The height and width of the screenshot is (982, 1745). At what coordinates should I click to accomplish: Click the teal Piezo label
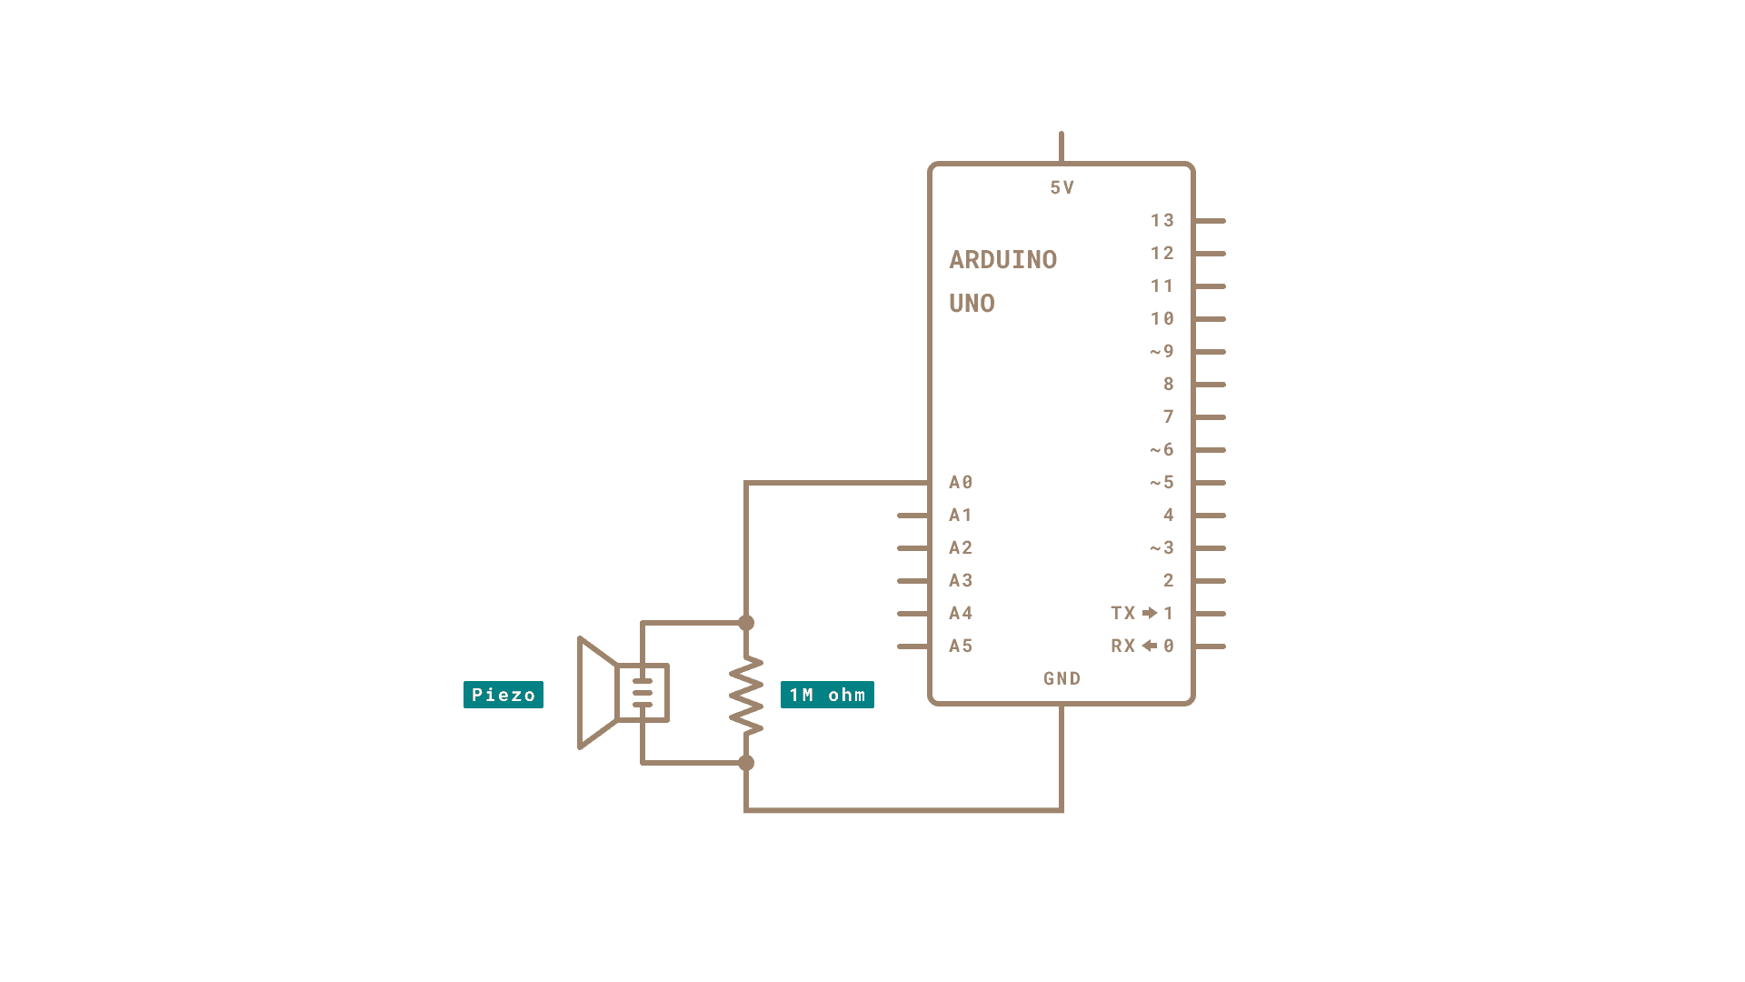click(x=503, y=695)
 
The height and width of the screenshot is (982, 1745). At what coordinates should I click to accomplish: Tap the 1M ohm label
click(x=827, y=695)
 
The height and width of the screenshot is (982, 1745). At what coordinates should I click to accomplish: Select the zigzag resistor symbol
click(x=746, y=696)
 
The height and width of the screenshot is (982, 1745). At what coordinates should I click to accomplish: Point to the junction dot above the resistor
click(x=746, y=623)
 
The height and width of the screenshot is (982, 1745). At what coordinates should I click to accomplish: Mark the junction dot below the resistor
click(x=746, y=763)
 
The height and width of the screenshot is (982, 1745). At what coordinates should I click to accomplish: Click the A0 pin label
click(x=961, y=482)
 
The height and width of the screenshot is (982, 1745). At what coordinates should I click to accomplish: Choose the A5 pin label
click(x=961, y=646)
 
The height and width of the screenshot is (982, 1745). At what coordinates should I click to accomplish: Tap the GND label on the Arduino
click(x=1062, y=678)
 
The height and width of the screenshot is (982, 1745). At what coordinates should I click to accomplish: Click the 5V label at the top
click(x=1062, y=187)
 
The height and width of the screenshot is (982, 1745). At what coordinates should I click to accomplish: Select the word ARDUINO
click(x=1002, y=260)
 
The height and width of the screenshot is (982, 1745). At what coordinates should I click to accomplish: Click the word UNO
click(x=972, y=304)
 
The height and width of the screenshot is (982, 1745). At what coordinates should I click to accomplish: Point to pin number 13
click(x=1162, y=220)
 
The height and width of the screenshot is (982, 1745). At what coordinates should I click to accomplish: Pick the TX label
click(x=1122, y=613)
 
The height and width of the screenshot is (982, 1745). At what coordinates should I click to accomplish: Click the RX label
click(x=1122, y=646)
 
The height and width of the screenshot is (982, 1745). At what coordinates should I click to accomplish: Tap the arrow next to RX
click(x=1150, y=646)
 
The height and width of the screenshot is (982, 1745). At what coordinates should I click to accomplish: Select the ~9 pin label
click(x=1162, y=351)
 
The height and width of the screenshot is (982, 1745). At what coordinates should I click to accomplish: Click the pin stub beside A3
click(x=912, y=581)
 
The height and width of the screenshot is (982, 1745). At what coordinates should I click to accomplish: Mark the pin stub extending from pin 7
click(x=1211, y=417)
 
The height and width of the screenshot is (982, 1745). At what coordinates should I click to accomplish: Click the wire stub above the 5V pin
click(x=1061, y=146)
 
